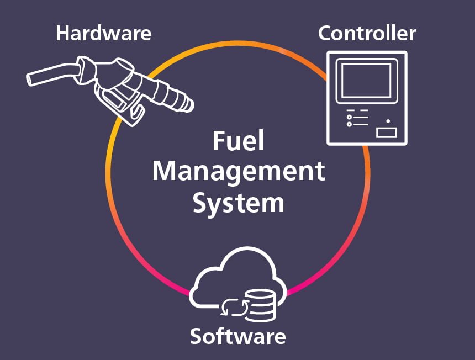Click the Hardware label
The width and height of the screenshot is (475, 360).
[103, 33]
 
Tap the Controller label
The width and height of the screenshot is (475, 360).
[367, 33]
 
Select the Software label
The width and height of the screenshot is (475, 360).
[237, 336]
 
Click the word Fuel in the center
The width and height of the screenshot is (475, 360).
[238, 142]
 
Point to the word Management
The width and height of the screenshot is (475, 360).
[238, 172]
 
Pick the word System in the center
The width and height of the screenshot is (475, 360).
[238, 202]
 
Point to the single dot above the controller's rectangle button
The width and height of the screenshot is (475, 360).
[388, 121]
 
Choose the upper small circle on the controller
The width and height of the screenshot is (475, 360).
[349, 117]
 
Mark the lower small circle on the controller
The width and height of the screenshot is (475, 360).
[349, 124]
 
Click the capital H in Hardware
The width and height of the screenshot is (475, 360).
[63, 33]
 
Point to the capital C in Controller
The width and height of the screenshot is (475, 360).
[325, 33]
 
